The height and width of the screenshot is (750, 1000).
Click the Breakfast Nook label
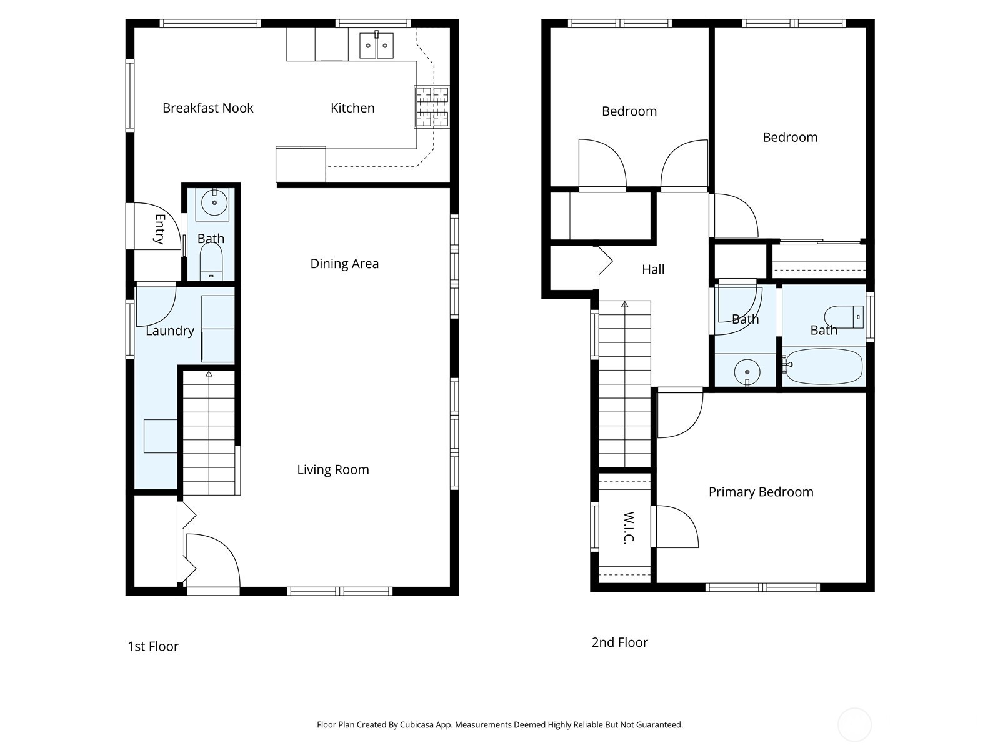(207, 107)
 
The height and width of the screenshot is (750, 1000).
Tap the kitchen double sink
(376, 46)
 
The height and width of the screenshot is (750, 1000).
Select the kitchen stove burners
(432, 106)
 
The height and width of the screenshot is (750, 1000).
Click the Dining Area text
(344, 264)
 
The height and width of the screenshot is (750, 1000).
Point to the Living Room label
(332, 470)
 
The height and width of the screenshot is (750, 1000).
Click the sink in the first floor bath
(214, 202)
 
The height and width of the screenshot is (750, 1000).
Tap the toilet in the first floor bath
(211, 261)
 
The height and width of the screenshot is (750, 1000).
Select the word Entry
(159, 229)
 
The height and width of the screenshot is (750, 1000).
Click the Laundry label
(170, 331)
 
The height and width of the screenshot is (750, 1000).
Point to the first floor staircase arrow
(209, 374)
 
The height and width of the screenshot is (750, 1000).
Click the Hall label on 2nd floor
(653, 269)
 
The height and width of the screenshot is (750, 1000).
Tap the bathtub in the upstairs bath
(824, 366)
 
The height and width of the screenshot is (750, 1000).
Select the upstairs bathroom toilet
(843, 317)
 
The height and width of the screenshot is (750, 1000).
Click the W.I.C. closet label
(629, 528)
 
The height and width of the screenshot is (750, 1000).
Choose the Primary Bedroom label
(761, 492)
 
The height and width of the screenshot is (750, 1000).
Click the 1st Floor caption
(153, 646)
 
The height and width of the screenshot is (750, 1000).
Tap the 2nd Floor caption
(619, 642)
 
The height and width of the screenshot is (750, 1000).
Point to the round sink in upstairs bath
(747, 372)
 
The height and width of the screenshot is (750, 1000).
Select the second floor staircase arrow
(624, 305)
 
